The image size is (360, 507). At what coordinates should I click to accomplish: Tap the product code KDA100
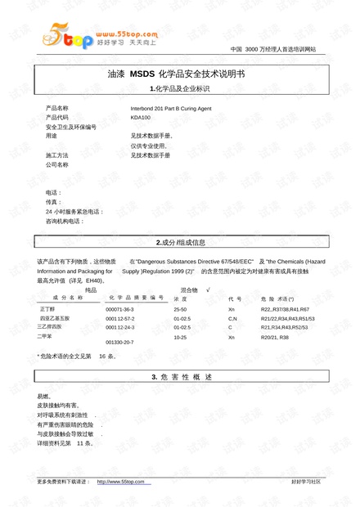point(141,117)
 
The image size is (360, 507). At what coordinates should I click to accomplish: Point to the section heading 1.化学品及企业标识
point(180,88)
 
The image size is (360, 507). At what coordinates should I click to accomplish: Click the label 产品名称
point(57,108)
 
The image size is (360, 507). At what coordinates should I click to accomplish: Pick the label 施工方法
point(57,155)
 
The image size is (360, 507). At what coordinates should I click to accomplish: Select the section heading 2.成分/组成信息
point(180,243)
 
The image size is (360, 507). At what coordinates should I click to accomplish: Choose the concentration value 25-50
point(180,310)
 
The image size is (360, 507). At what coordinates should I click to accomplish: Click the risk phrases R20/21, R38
point(274,337)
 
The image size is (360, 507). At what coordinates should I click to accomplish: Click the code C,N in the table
point(232,319)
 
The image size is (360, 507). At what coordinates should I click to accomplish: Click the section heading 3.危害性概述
point(180,376)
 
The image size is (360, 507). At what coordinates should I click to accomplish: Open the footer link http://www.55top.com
point(120,482)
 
